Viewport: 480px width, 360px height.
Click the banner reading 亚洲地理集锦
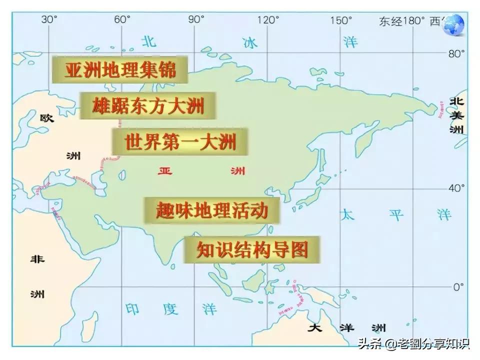[x=120, y=69]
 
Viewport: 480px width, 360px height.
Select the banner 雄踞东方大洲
[x=148, y=105]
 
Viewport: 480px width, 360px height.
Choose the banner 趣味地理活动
[x=211, y=210]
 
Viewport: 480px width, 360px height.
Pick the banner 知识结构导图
[x=251, y=249]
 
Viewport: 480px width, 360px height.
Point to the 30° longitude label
[x=49, y=19]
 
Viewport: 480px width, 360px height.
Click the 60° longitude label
[x=121, y=19]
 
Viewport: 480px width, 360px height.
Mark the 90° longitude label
[x=196, y=19]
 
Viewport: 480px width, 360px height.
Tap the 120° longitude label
[x=268, y=20]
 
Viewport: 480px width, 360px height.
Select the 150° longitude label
[x=341, y=20]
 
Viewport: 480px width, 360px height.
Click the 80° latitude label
[x=456, y=53]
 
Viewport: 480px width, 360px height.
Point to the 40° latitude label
[x=456, y=188]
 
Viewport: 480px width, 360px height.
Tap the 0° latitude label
[x=458, y=287]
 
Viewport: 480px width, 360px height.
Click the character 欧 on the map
[x=46, y=118]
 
